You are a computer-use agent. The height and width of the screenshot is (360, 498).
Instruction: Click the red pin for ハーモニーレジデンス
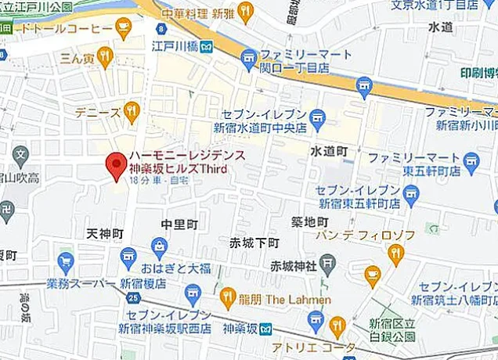click(117, 164)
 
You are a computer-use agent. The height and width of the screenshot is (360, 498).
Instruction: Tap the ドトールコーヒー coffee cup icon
click(123, 28)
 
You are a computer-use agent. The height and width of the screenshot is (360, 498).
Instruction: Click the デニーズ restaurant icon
click(131, 112)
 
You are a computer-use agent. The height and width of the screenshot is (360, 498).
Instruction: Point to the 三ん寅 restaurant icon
click(105, 56)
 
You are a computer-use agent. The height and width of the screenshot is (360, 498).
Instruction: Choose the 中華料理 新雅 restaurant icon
click(247, 12)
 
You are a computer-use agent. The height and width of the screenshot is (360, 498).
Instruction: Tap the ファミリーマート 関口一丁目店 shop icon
click(249, 57)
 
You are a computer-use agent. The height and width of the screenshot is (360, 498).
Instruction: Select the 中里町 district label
click(179, 225)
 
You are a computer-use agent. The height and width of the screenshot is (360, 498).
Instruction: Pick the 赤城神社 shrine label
click(293, 265)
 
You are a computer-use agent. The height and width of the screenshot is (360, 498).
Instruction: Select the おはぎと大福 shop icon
click(161, 250)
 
